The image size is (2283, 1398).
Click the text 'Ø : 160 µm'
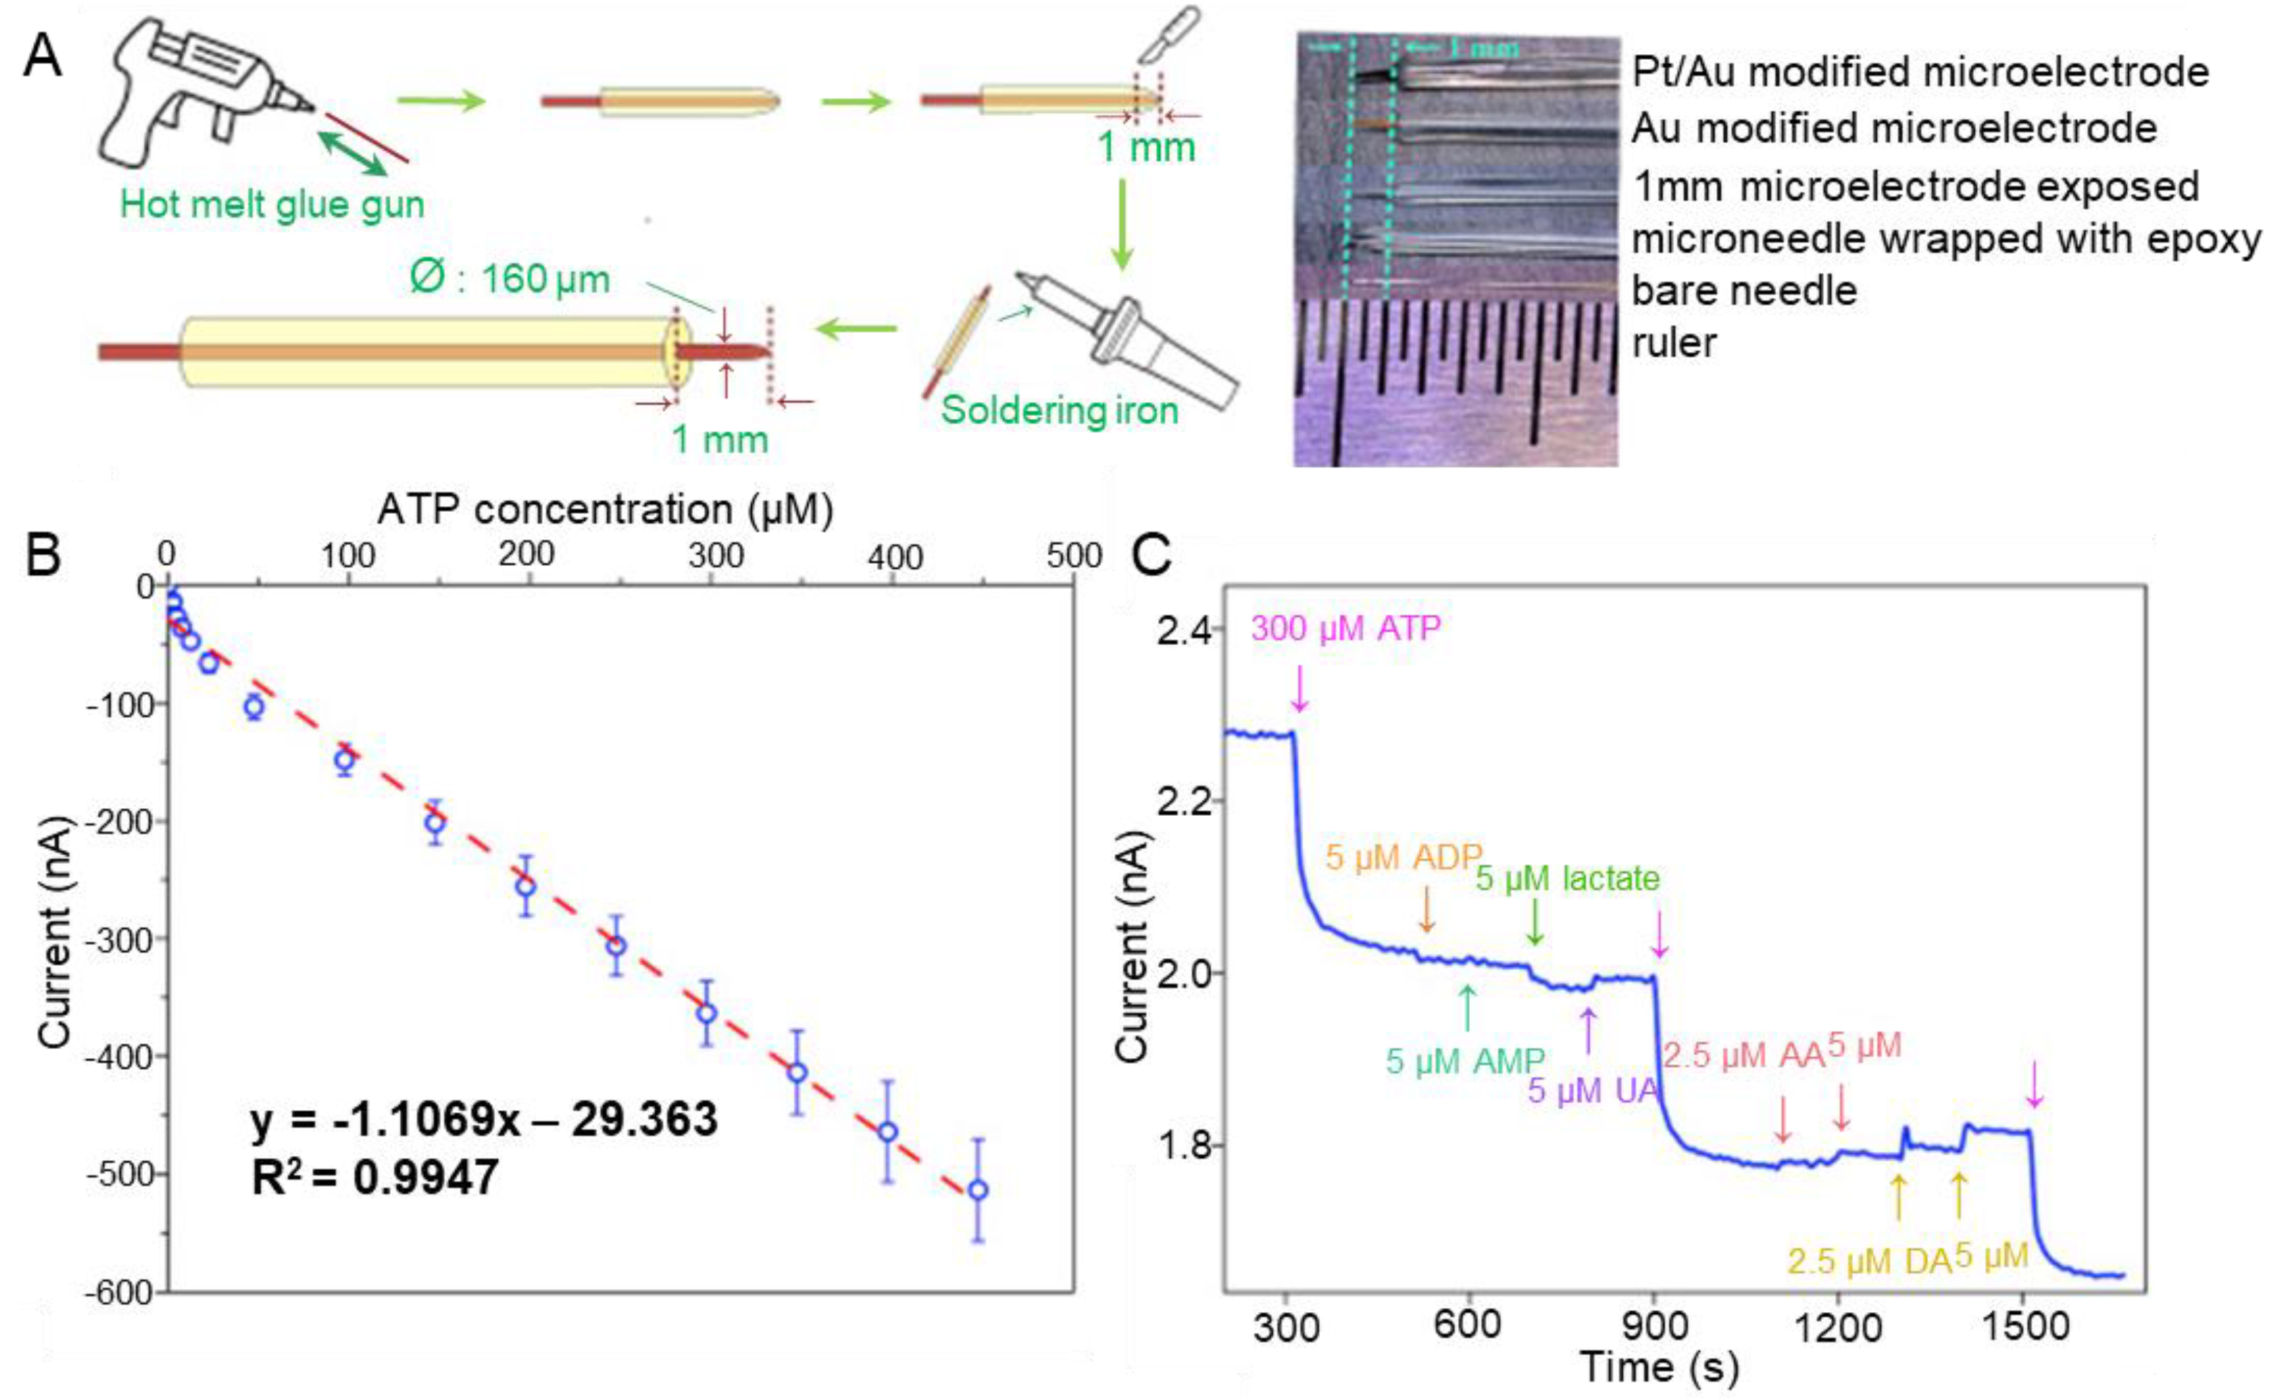(510, 279)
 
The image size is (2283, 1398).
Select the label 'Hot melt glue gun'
(272, 205)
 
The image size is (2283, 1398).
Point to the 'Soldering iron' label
(1059, 410)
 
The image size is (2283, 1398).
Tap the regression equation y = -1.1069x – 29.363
(484, 1120)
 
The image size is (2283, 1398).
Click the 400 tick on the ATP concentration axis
(894, 557)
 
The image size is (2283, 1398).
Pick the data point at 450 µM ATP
(978, 1190)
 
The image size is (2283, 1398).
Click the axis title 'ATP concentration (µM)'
(605, 510)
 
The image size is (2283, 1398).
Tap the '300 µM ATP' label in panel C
(1345, 629)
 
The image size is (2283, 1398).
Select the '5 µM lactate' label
(1567, 879)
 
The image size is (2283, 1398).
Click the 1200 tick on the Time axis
(1839, 1328)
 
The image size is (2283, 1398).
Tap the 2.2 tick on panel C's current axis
(1183, 801)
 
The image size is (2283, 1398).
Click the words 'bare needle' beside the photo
(1744, 291)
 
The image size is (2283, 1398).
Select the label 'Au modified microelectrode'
(1894, 128)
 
